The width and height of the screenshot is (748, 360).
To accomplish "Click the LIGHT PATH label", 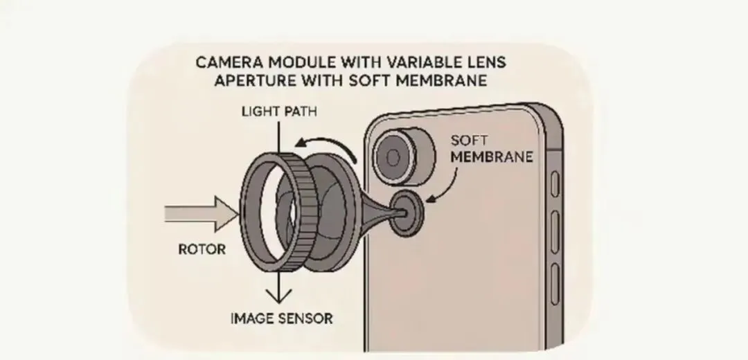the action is point(275,111).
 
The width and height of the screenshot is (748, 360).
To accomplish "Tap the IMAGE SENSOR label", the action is point(281,319).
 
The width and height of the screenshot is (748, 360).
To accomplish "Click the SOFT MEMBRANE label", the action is point(491,149).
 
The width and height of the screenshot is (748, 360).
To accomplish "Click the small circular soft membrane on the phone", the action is point(408,210).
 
